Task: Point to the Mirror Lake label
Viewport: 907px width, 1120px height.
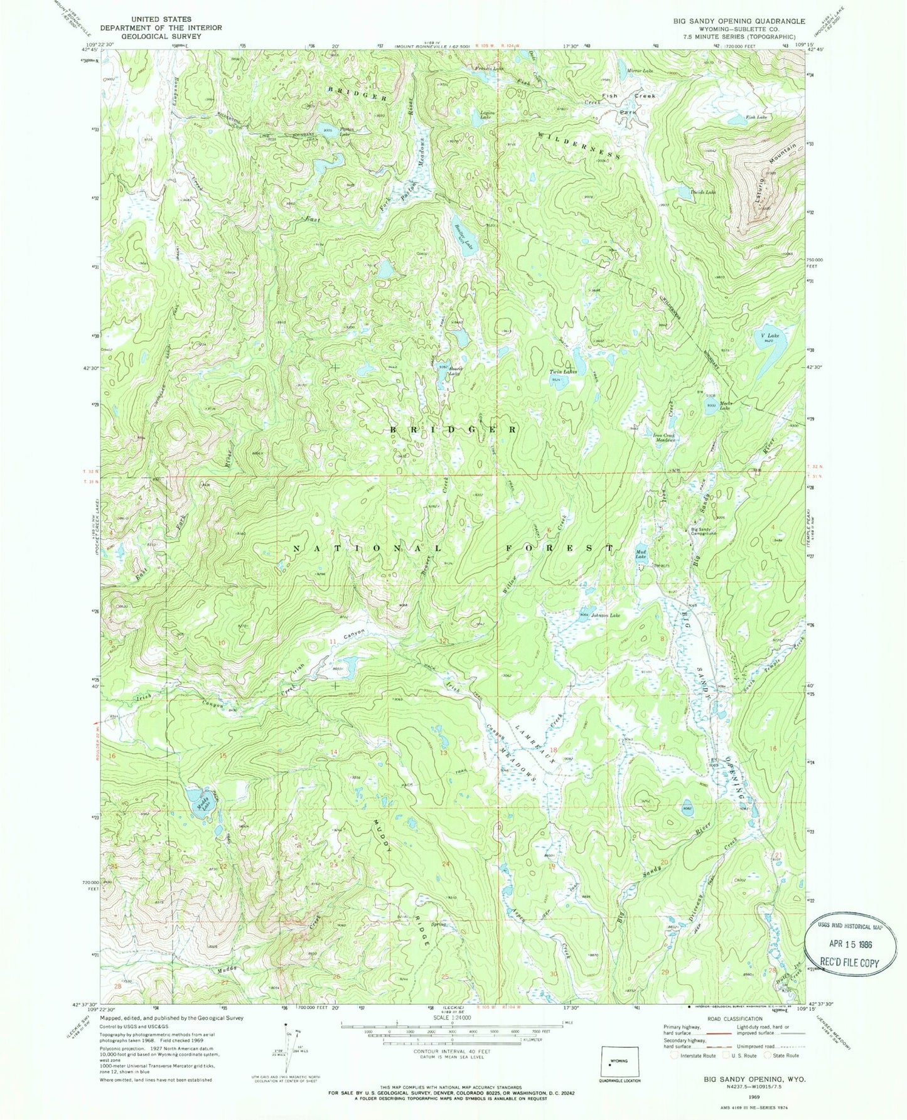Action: pos(640,71)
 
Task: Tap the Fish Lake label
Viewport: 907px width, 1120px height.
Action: pos(756,117)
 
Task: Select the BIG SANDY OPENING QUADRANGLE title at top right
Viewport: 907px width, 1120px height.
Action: pos(739,21)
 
